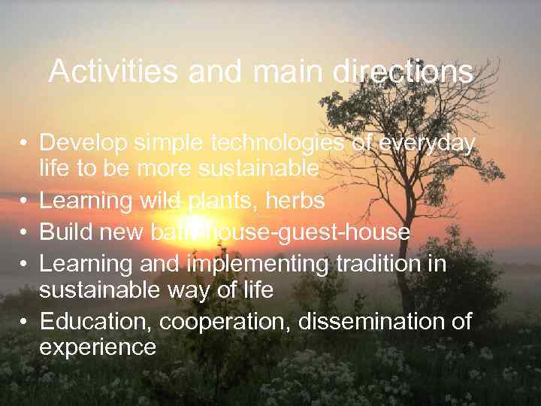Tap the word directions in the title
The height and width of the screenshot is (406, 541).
point(404,72)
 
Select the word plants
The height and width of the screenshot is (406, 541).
point(225,201)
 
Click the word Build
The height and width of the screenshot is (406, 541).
point(64,232)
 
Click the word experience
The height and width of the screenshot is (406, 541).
point(98,347)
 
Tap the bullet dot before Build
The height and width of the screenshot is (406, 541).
point(25,233)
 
